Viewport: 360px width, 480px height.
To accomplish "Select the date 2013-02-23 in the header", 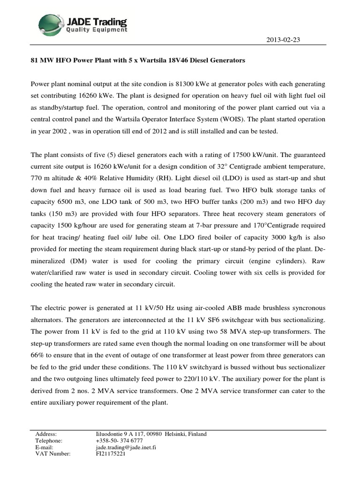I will coord(282,40).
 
